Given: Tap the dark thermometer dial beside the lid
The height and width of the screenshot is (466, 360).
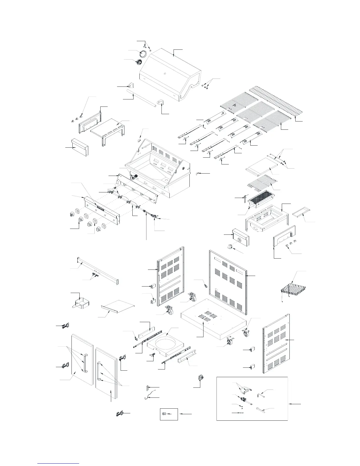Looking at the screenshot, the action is pos(139,62).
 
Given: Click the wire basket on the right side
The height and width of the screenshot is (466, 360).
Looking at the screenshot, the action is pos(292,290).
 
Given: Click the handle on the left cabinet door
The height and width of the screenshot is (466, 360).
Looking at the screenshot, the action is pos(85,363).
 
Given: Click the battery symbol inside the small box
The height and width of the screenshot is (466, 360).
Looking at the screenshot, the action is pos(164,414).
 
